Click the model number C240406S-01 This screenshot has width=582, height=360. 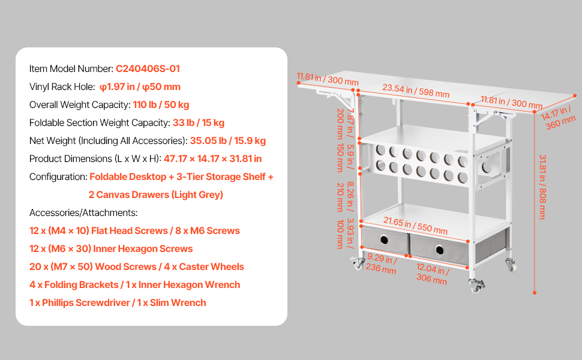[148, 68]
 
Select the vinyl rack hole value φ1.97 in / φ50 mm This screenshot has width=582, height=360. [140, 87]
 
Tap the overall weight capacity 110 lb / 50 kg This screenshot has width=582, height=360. [161, 104]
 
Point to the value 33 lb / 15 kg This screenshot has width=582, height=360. [199, 122]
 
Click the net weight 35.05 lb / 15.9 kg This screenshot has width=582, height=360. [228, 140]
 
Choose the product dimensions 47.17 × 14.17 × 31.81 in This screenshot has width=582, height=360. [212, 159]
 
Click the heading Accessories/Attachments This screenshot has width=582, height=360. [83, 212]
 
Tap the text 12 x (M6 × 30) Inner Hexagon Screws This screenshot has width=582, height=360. [111, 248]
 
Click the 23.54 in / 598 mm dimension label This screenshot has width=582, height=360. [416, 91]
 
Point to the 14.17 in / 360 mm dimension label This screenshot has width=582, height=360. [557, 116]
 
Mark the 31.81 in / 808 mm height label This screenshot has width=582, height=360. [542, 187]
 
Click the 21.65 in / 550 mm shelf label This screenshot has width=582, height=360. [415, 225]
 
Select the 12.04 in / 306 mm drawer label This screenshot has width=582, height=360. [433, 274]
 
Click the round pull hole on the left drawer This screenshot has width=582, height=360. [384, 240]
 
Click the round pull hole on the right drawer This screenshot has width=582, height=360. [440, 250]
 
